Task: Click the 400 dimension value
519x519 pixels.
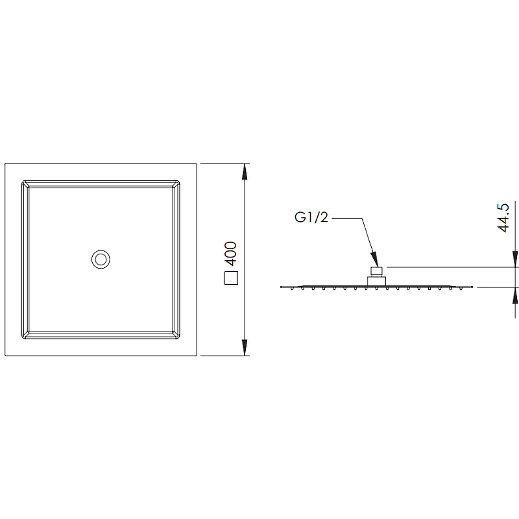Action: tap(231, 254)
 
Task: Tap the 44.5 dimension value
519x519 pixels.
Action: tap(503, 218)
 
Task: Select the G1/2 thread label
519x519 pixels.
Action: tap(311, 217)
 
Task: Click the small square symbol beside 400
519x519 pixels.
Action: tap(231, 278)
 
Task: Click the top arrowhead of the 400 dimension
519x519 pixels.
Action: tap(245, 171)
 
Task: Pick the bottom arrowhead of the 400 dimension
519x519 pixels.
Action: tap(245, 348)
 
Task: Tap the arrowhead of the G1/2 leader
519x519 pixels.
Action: tap(374, 259)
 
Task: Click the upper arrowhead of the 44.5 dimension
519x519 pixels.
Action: tap(515, 259)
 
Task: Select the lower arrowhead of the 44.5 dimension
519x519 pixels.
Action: tap(515, 296)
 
